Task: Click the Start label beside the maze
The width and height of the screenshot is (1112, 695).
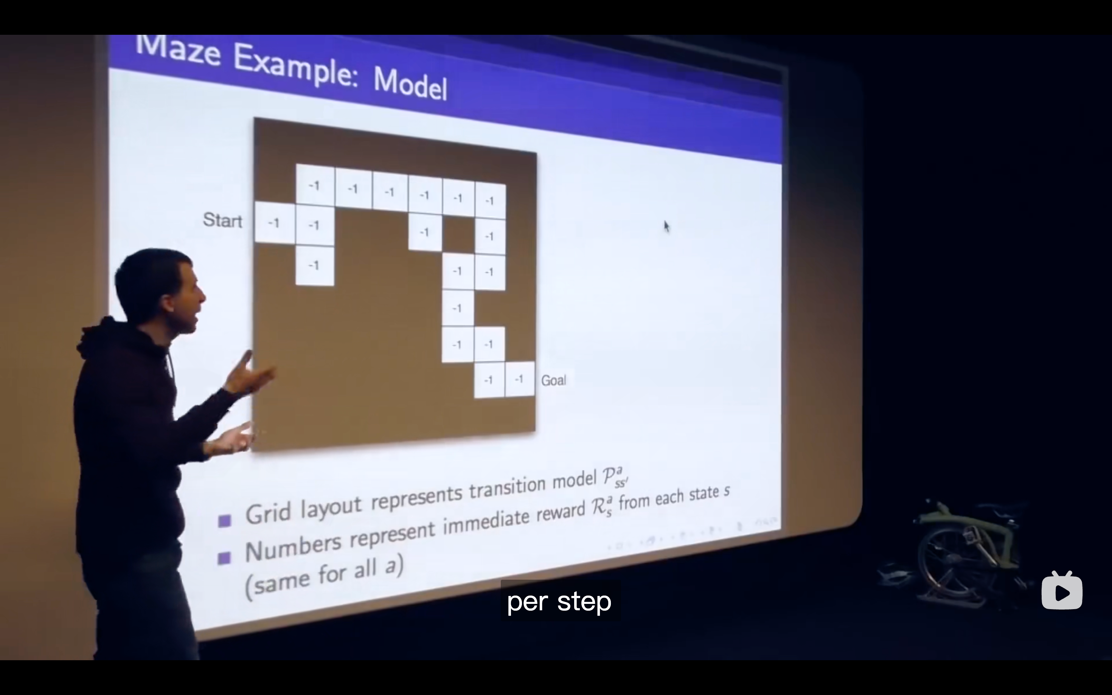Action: [x=222, y=220]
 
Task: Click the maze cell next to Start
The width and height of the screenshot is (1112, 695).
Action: [x=275, y=222]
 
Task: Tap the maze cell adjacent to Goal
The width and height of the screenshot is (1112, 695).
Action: [x=519, y=379]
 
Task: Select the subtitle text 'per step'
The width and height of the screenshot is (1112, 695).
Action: [x=559, y=602]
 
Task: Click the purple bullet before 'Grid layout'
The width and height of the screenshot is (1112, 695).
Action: [x=224, y=521]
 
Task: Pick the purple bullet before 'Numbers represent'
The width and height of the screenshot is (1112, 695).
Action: [x=224, y=558]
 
